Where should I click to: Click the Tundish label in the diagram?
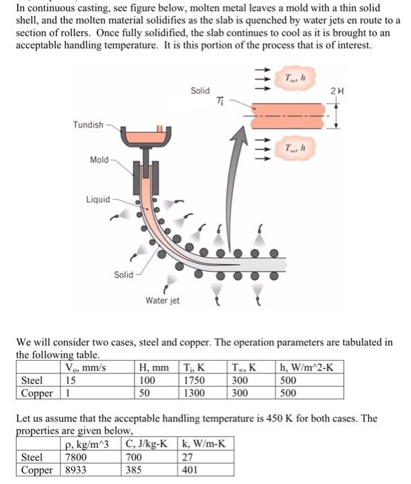(x=88, y=124)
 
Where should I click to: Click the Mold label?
(x=99, y=160)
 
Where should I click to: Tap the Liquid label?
(x=97, y=199)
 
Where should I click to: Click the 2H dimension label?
(x=336, y=90)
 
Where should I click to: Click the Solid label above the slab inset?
(x=200, y=91)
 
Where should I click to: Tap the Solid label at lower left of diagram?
(x=124, y=274)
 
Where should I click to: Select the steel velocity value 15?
(x=70, y=380)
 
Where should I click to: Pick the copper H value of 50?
(x=146, y=393)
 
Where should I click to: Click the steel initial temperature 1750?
(x=193, y=380)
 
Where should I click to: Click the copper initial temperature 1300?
(x=193, y=393)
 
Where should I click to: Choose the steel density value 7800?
(x=76, y=456)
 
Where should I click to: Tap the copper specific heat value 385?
(x=136, y=469)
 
